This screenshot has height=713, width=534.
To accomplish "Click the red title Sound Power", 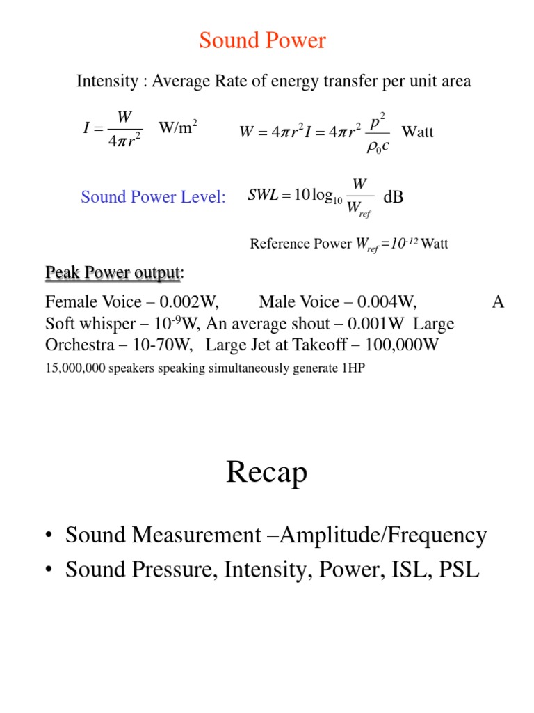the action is pos(262,41).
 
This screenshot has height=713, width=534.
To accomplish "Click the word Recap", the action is pos(266,473).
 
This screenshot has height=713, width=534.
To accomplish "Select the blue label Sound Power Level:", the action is pos(153,197).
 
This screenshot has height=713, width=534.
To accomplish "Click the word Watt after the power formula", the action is pos(418,132).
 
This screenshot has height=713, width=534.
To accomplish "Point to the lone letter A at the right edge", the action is pos(498,302).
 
